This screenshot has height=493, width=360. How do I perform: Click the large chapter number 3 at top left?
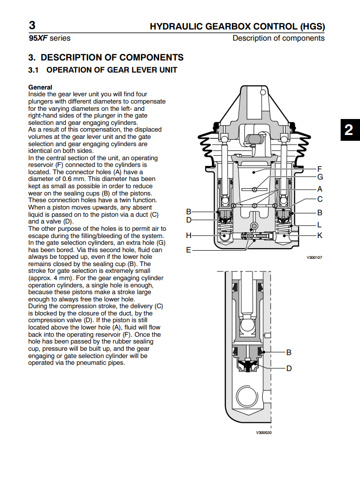(x=32, y=25)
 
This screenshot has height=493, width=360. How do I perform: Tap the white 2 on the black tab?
(x=348, y=130)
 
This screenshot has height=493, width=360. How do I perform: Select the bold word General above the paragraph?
(x=40, y=88)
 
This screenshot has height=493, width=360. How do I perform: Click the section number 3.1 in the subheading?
(x=33, y=70)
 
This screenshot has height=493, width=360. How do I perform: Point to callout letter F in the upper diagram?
(x=319, y=169)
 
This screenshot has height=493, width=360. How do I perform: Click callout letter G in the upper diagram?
(x=320, y=177)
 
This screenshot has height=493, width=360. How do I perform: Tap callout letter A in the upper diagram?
(x=320, y=189)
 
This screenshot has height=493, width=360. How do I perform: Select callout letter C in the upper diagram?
(x=320, y=199)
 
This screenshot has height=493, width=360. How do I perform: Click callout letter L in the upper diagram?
(x=320, y=225)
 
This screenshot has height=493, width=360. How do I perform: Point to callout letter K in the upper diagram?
(x=320, y=235)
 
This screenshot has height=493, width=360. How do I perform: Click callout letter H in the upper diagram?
(x=189, y=235)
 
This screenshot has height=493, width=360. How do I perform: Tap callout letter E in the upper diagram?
(x=189, y=250)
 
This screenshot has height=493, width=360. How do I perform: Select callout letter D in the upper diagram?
(x=189, y=220)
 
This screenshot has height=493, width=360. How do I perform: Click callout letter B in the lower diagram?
(x=289, y=352)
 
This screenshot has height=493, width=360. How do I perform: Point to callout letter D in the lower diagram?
(x=289, y=368)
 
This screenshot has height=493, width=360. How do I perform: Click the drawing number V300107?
(x=314, y=257)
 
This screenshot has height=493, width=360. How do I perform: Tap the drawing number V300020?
(x=264, y=433)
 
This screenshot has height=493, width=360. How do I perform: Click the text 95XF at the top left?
(x=38, y=38)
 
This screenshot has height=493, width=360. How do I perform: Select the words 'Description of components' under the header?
(x=278, y=38)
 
